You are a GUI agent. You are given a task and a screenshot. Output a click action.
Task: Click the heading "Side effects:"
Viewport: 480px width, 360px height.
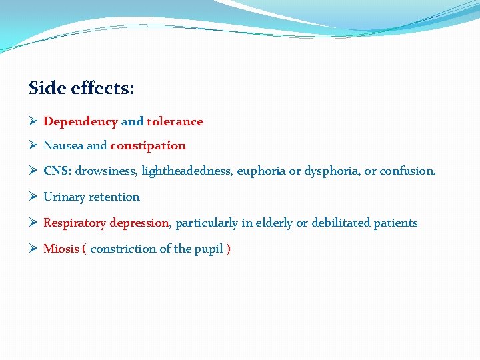point(82,88)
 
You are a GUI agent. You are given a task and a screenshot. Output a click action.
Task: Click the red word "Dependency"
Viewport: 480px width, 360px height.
point(80,122)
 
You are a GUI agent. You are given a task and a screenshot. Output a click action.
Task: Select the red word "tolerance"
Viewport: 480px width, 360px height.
point(175,122)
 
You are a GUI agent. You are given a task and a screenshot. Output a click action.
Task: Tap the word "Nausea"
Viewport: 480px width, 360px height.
point(63,145)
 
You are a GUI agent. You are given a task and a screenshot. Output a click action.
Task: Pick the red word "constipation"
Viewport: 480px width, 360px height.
point(148,145)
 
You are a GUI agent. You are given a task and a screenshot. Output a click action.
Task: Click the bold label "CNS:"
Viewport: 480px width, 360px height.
point(57,171)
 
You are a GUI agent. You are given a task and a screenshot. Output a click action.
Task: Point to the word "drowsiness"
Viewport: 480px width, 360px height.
point(106,171)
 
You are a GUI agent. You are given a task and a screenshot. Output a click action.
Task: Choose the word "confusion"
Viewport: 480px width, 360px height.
point(407,171)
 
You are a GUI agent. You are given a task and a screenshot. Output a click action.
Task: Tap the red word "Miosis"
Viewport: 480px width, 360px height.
point(61,249)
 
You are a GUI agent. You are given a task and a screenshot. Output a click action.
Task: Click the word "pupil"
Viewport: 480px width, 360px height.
point(208,249)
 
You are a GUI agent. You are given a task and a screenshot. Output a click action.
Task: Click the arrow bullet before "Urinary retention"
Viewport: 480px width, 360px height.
point(33,197)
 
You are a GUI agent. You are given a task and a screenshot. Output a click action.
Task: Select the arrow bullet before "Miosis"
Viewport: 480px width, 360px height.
point(33,249)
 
